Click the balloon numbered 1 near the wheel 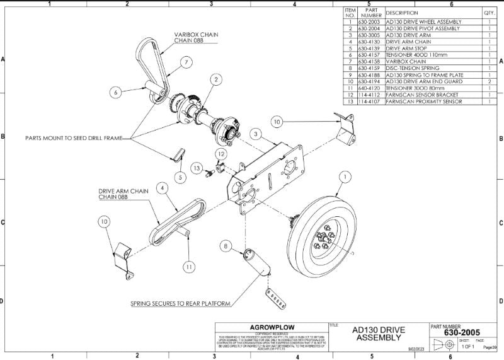point(343,178)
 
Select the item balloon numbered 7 point(187,62)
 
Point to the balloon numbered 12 point(221,154)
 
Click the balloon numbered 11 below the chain point(188,267)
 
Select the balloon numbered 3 point(255,134)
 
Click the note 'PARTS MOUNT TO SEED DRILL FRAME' point(79,137)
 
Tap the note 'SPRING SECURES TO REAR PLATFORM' point(180,303)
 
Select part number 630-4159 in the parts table point(370,69)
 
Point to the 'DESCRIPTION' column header point(402,13)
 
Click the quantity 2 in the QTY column point(490,82)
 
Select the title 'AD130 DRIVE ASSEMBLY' point(379,334)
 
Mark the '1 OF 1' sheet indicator point(468,347)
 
